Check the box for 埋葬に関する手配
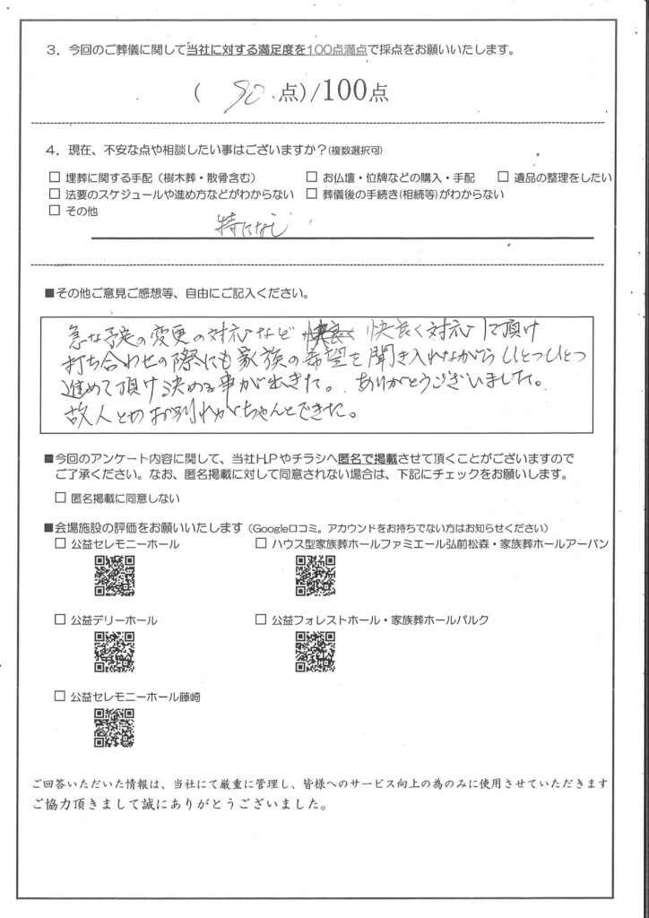coord(56,177)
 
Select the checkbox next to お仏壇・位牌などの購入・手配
coord(311,177)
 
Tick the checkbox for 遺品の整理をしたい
coord(504,177)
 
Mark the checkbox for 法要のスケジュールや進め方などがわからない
coord(56,194)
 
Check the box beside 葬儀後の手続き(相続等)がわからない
coord(311,194)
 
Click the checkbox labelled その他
coord(56,211)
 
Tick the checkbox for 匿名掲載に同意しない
coord(60,498)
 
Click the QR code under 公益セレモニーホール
coord(114,576)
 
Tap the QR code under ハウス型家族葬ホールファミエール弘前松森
coord(315,576)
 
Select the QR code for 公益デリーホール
coord(114,653)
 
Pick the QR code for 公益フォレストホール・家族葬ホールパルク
coord(315,652)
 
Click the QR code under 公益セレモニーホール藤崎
coord(114,728)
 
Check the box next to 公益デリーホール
coord(60,619)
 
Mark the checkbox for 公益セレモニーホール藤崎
coord(60,696)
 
